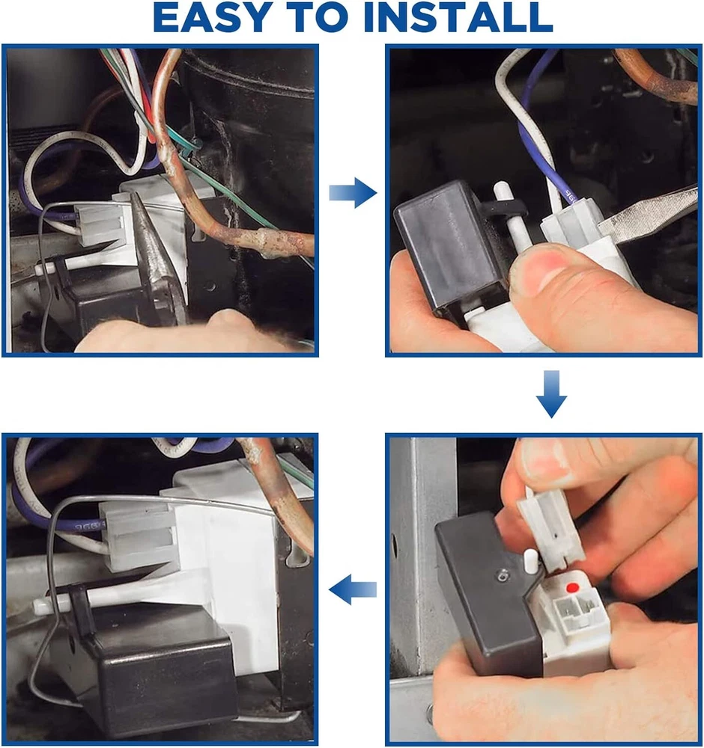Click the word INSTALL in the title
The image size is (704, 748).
click(458, 17)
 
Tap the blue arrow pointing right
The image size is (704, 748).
click(353, 193)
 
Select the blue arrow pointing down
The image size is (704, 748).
click(551, 394)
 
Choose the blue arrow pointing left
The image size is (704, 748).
click(353, 589)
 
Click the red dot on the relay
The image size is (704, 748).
click(572, 587)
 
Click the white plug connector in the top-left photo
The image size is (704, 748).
click(99, 223)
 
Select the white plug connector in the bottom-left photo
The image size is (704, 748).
click(136, 536)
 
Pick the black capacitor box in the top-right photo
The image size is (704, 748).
click(452, 251)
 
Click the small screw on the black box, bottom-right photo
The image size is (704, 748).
click(502, 577)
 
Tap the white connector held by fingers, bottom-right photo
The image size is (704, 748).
click(553, 530)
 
